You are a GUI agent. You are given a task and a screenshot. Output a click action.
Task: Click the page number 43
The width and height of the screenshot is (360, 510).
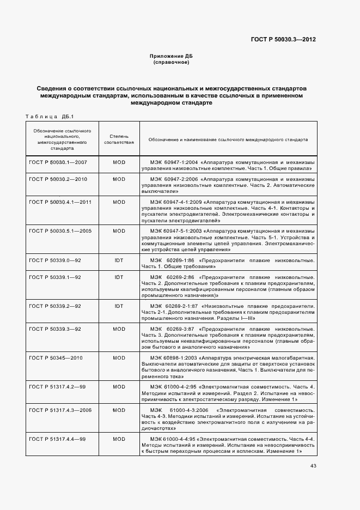[313, 465]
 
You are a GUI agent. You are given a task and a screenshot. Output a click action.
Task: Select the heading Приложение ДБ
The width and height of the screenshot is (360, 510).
[171, 56]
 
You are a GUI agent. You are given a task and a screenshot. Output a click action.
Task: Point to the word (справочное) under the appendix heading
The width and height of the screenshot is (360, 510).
[171, 62]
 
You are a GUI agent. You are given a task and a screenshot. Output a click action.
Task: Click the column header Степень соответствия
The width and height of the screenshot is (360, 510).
[119, 139]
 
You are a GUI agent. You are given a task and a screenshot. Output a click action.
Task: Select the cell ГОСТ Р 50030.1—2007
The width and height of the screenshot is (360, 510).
[57, 162]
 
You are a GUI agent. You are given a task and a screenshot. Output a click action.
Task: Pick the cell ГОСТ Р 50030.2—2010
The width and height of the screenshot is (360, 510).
[57, 179]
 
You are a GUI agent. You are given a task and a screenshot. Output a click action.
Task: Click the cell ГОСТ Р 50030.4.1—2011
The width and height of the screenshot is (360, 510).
[60, 202]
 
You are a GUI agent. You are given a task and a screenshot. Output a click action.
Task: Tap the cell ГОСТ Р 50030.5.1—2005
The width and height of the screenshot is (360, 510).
[60, 231]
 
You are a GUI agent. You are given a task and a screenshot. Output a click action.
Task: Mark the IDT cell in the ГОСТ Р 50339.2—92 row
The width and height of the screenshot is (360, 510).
[119, 306]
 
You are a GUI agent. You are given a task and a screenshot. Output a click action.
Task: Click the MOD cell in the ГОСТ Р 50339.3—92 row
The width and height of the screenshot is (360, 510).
[119, 329]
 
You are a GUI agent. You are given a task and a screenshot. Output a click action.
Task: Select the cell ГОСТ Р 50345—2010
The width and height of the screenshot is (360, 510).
[55, 358]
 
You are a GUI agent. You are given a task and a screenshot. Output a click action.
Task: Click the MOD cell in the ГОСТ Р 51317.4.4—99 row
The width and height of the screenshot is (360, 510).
[119, 439]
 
